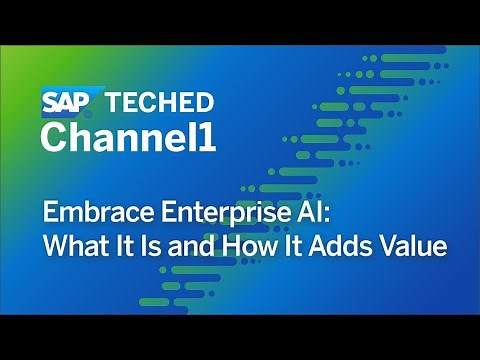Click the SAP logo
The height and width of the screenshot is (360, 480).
[x=64, y=102]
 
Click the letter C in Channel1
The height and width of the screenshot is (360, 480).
[x=52, y=137]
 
